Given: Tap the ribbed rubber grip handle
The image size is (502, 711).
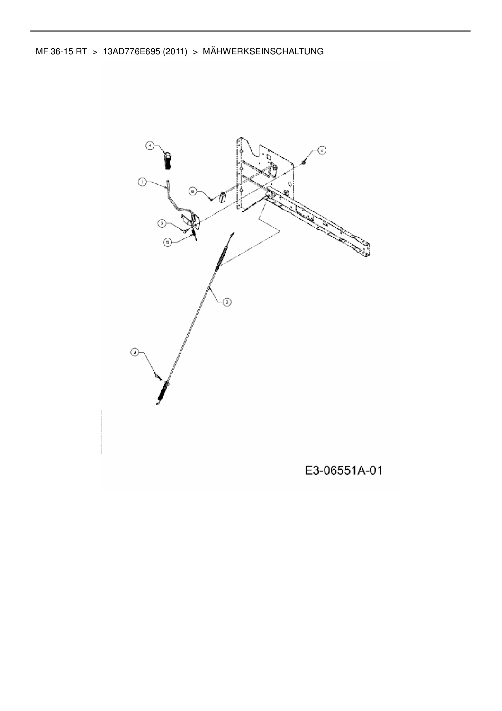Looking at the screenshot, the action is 168,161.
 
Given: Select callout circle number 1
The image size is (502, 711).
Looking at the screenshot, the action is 142,183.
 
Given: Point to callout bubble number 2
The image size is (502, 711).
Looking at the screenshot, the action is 321,150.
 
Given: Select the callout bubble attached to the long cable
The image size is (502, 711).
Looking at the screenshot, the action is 227,301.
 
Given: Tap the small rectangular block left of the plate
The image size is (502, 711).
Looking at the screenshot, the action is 222,197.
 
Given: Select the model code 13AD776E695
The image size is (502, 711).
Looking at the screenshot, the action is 132,51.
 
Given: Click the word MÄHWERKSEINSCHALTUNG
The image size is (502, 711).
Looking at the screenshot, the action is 263,51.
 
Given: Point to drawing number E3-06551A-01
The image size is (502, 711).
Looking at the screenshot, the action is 344,471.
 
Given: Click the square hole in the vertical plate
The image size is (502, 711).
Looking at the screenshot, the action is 268,156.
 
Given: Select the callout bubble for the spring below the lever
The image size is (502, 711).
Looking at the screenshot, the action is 167,242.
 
